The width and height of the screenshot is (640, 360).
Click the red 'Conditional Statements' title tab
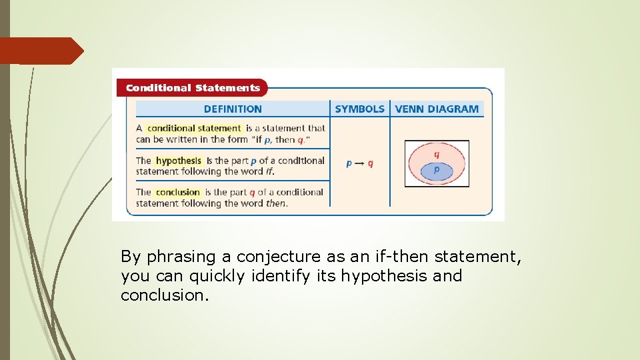point(192,88)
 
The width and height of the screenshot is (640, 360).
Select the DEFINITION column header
point(233,109)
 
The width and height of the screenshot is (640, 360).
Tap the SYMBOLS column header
point(359,109)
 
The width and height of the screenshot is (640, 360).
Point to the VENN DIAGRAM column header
point(437,109)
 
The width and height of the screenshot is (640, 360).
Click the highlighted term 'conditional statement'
point(193,128)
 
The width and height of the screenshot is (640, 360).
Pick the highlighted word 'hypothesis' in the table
point(178,161)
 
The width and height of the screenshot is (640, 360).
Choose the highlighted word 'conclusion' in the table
point(178,192)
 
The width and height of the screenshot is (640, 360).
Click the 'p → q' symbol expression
point(360,163)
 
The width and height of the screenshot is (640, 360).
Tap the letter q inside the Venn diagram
point(437,154)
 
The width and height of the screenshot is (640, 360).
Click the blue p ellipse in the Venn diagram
point(437,171)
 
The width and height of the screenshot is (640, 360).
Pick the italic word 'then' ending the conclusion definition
point(276,203)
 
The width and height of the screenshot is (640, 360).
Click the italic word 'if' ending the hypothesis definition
point(269,171)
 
